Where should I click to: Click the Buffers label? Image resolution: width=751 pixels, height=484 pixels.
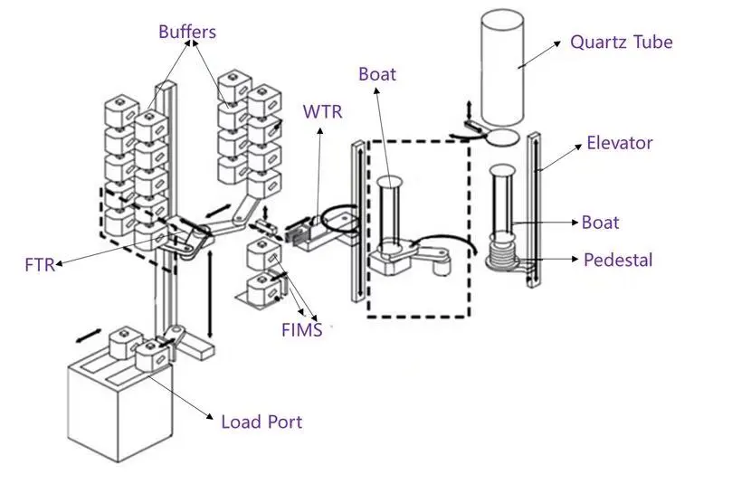(187, 32)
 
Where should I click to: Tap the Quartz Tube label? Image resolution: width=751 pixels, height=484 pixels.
(622, 43)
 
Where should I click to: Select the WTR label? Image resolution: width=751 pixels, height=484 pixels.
(322, 111)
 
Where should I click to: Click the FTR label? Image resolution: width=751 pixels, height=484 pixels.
(40, 265)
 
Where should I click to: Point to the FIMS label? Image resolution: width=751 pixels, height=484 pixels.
(301, 330)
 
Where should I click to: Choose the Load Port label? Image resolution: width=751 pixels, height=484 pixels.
(261, 422)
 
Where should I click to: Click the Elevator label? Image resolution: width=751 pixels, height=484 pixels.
(619, 143)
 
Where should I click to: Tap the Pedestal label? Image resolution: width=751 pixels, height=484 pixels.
(618, 260)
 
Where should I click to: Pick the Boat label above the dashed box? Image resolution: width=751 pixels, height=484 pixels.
(377, 74)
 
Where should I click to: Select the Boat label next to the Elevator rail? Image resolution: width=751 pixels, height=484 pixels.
(600, 223)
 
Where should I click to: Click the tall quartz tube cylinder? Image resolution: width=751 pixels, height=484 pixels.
(502, 67)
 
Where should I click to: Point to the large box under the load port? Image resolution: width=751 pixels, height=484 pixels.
(119, 412)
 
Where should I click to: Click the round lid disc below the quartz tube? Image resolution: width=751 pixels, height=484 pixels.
(502, 138)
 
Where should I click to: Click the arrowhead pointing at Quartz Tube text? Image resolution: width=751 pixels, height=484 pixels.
(557, 43)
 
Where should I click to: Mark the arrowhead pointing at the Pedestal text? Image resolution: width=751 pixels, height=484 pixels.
(575, 259)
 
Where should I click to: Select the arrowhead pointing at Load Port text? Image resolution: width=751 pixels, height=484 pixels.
(209, 416)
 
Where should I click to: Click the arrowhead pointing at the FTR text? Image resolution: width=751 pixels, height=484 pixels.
(60, 263)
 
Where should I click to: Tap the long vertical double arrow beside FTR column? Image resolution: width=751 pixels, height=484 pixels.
(210, 293)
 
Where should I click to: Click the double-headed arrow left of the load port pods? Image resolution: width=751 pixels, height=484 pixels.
(89, 336)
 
